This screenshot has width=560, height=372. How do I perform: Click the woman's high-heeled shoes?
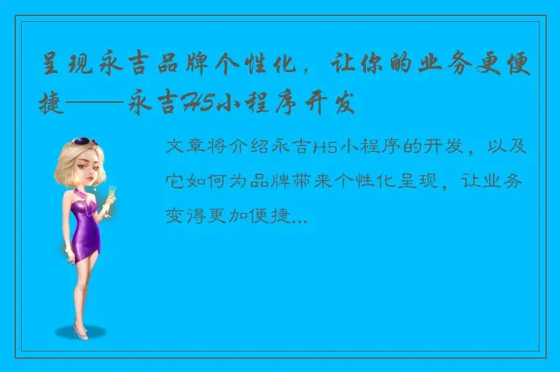pyautogui.click(x=80, y=332)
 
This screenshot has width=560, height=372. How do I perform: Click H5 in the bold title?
pyautogui.click(x=193, y=105)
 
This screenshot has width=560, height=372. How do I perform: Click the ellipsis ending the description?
pyautogui.click(x=299, y=217)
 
